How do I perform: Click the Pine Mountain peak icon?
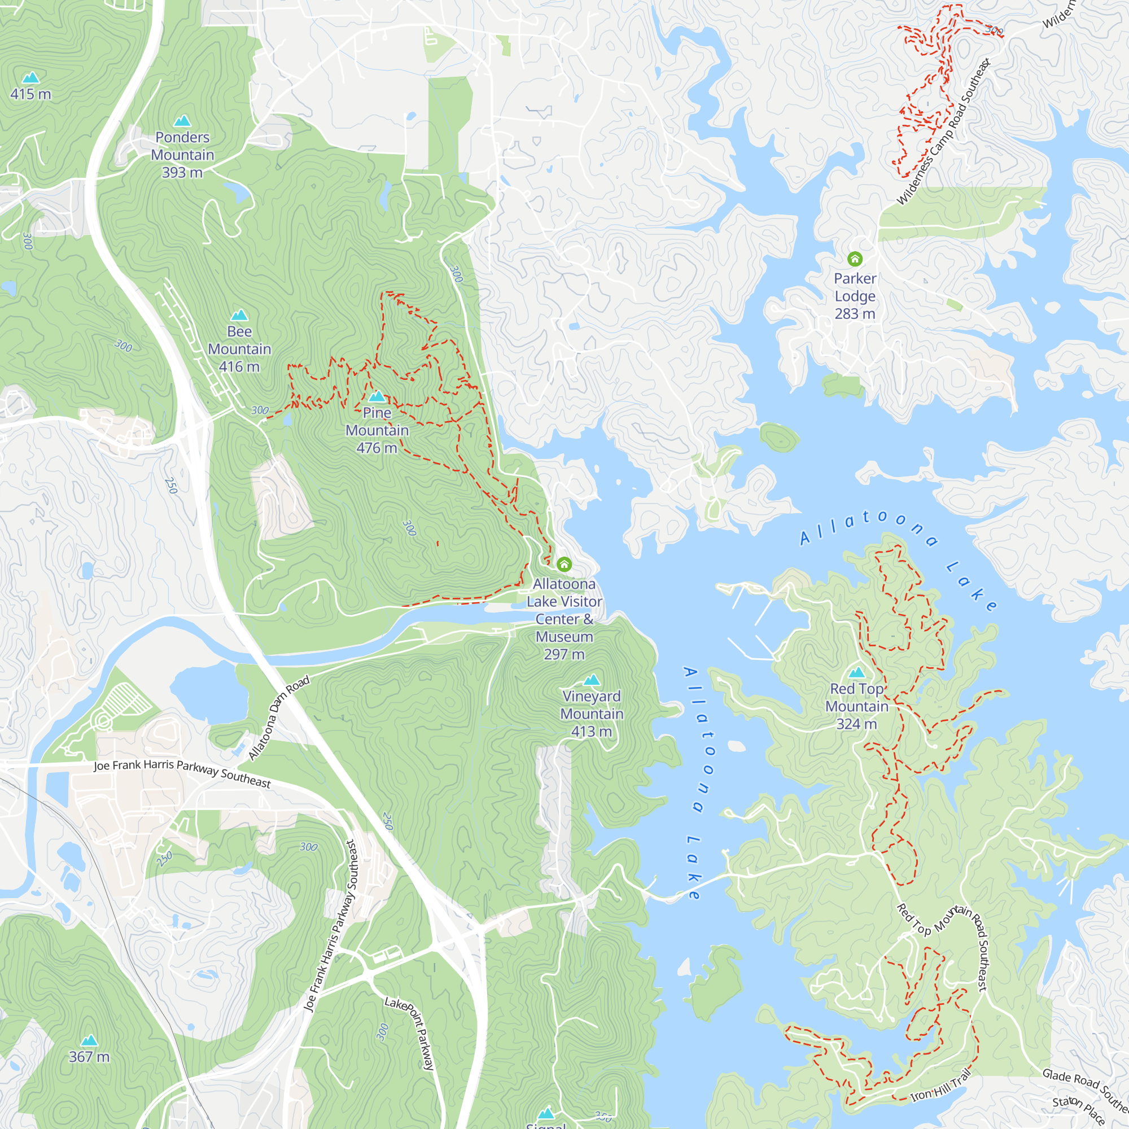point(377,397)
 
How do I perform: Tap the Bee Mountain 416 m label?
point(239,349)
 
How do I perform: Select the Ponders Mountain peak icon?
point(182,121)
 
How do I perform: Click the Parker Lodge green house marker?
point(854,259)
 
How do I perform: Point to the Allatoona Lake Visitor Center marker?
point(564,564)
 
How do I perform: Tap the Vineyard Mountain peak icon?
point(592,679)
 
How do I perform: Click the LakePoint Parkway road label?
point(410,1033)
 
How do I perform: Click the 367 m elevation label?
point(89,1057)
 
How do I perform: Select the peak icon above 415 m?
point(30,78)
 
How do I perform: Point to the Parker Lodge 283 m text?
point(854,296)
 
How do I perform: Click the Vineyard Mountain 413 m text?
point(592,714)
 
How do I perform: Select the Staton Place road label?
point(1078,1110)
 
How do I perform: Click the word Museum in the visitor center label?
point(564,636)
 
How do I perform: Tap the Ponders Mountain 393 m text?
point(182,155)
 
